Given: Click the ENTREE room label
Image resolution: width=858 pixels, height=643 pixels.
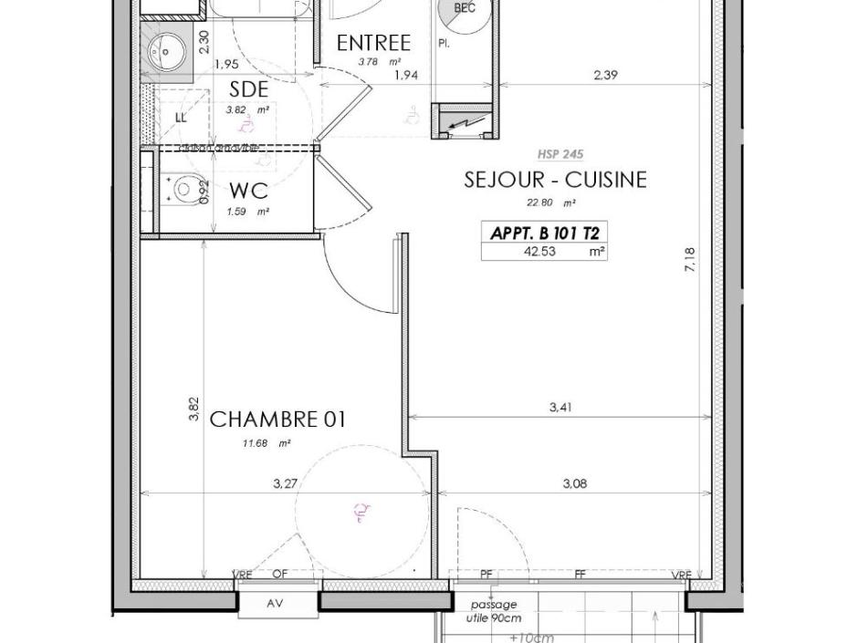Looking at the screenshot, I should click(373, 43).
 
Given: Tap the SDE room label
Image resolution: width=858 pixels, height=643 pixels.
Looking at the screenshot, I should click(248, 89).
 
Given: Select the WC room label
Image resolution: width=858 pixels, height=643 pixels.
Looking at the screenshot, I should click(247, 192).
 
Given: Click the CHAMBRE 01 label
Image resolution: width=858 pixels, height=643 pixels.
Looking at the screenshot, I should click(277, 420).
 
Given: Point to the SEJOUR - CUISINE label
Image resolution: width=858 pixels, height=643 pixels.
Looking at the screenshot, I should click(555, 180).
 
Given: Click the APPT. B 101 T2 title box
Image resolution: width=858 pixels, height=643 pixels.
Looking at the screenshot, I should click(544, 233).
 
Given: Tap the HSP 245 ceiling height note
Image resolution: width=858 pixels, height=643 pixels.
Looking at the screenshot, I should click(560, 155).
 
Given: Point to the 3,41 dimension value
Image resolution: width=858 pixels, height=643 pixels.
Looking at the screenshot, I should click(560, 408).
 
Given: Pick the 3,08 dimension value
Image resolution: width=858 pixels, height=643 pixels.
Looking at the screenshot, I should click(574, 484).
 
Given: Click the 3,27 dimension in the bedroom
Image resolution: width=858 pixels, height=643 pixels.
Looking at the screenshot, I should click(284, 484).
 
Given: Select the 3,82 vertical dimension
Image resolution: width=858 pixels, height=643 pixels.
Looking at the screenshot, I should click(194, 409).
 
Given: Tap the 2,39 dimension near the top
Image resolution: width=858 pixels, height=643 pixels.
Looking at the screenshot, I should click(605, 75).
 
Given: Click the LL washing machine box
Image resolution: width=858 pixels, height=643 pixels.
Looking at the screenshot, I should click(180, 118).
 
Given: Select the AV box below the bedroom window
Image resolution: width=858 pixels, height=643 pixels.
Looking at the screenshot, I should click(275, 604).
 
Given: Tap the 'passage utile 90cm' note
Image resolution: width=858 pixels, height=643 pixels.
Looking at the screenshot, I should click(494, 611).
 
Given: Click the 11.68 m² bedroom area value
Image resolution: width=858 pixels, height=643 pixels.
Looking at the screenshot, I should click(266, 444).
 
